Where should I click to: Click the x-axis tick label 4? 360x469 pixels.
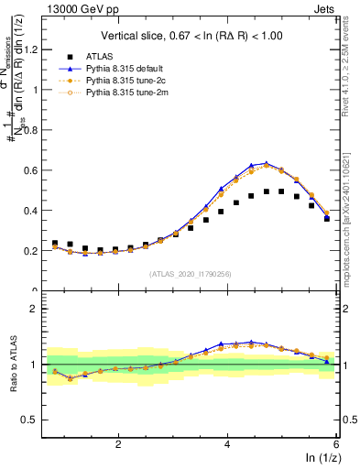(227, 443)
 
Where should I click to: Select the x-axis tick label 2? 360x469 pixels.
(118, 443)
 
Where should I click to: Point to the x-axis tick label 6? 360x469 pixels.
(336, 443)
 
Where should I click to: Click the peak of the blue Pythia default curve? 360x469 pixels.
(266, 163)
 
